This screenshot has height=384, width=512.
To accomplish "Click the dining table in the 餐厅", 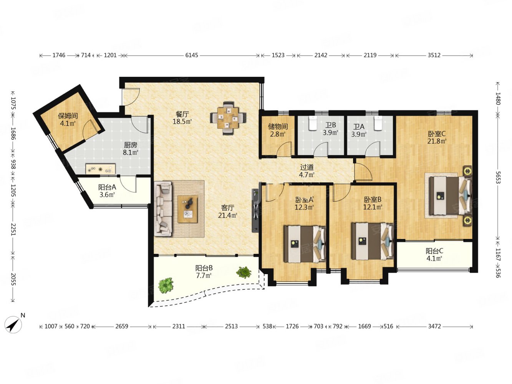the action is (228, 118).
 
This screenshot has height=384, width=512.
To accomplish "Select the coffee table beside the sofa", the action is (188, 209).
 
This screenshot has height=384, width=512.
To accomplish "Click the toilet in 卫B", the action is (313, 123).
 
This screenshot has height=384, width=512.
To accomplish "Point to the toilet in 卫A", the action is (378, 123).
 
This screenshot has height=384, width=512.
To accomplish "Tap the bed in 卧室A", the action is (305, 244).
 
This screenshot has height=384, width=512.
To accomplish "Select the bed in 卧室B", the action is (373, 241).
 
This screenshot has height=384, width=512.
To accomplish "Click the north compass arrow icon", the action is (13, 324).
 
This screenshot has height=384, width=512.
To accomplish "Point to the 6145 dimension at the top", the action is (192, 55).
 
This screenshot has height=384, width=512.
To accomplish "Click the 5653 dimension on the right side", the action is (497, 177).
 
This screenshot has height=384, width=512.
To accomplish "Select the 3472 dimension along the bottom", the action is (434, 326).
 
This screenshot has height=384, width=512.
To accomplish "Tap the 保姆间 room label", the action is (68, 116).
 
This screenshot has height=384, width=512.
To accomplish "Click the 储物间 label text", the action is (278, 127).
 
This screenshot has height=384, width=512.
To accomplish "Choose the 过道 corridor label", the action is (307, 167).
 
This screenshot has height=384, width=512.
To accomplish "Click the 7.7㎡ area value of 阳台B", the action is (204, 276).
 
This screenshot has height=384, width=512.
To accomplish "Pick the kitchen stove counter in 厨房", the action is (101, 169).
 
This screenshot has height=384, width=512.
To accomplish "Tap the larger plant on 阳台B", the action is (166, 285).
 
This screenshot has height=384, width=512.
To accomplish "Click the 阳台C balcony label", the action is (434, 251).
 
